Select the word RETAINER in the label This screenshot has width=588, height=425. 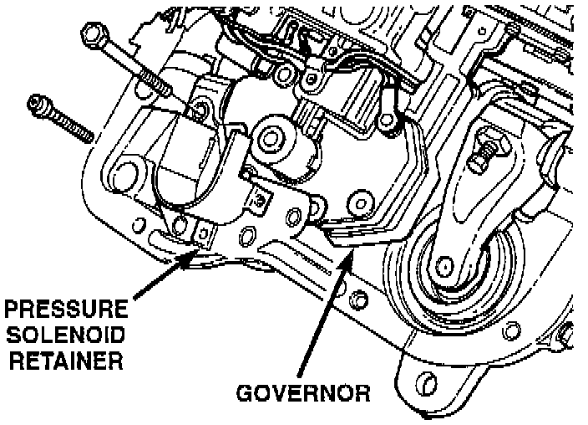point(65,362)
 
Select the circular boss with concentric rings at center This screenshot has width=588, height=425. point(271,134)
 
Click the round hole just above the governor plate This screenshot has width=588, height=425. point(361,200)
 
